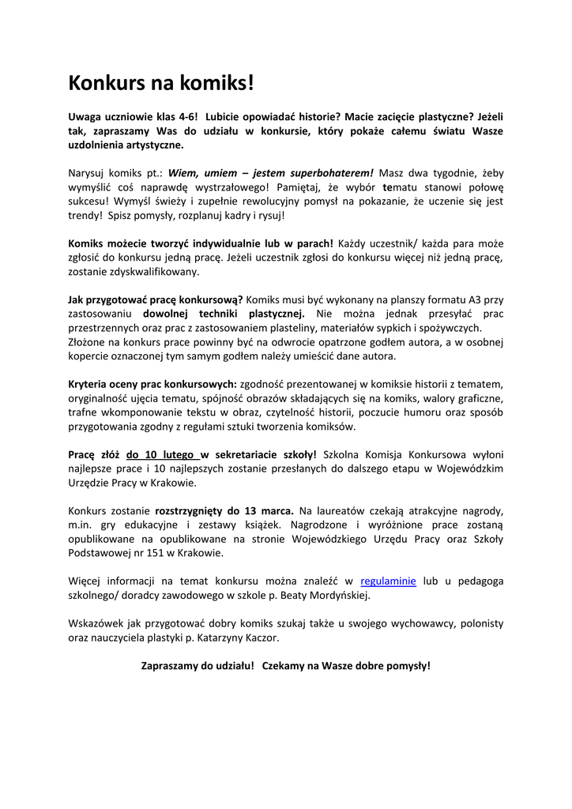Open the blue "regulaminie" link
point(388,581)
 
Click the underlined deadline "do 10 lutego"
point(161,454)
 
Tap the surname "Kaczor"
point(260,638)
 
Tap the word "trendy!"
point(86,215)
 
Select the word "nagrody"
point(483,510)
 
